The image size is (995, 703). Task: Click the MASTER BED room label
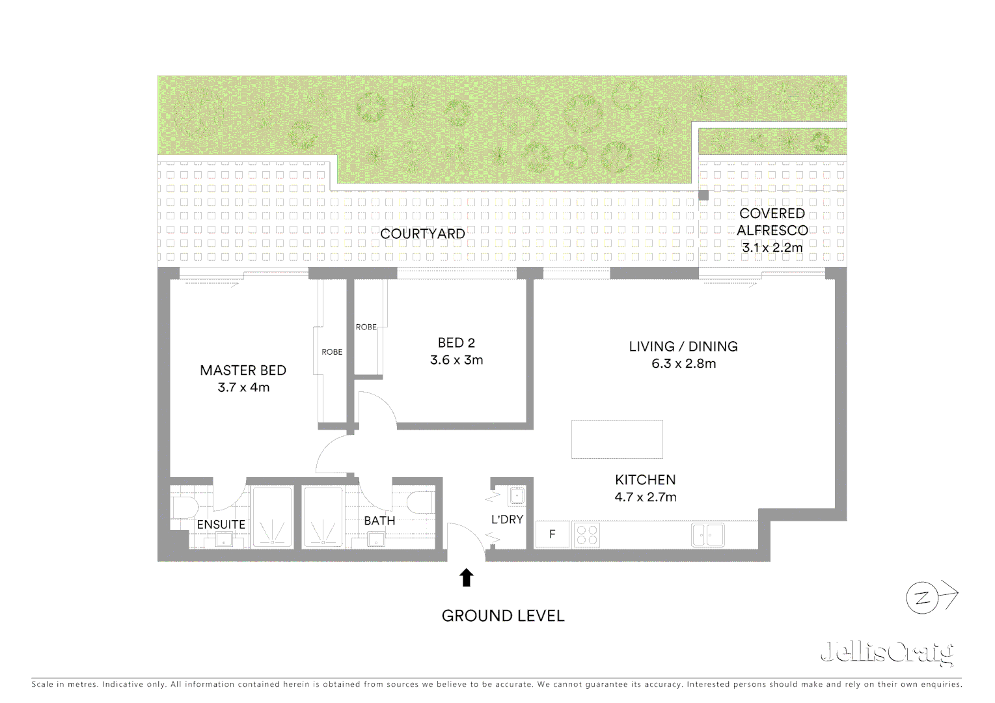coord(243,370)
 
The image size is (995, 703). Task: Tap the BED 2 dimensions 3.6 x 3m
coord(456,360)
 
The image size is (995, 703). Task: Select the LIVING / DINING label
coord(683,346)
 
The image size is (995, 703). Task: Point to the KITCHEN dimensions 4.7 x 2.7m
coord(646,497)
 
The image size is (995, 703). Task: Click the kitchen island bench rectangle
coord(617,439)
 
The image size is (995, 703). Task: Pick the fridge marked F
coord(552,535)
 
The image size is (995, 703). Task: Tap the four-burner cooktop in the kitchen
coord(587,535)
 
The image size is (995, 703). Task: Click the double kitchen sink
coord(707,535)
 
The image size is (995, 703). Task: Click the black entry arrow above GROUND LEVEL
coord(466,577)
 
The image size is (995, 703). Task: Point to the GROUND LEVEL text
coord(502,616)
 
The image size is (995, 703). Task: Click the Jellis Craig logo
coord(886,653)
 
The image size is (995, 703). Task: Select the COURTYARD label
coord(422,234)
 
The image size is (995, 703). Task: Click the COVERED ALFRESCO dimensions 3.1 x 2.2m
coord(772,247)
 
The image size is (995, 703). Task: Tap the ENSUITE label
coord(221,524)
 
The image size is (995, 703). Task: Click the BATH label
coord(379,521)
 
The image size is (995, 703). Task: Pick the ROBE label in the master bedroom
coord(332,352)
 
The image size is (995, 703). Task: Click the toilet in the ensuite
coord(180,506)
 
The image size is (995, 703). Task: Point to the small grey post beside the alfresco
coord(703,195)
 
